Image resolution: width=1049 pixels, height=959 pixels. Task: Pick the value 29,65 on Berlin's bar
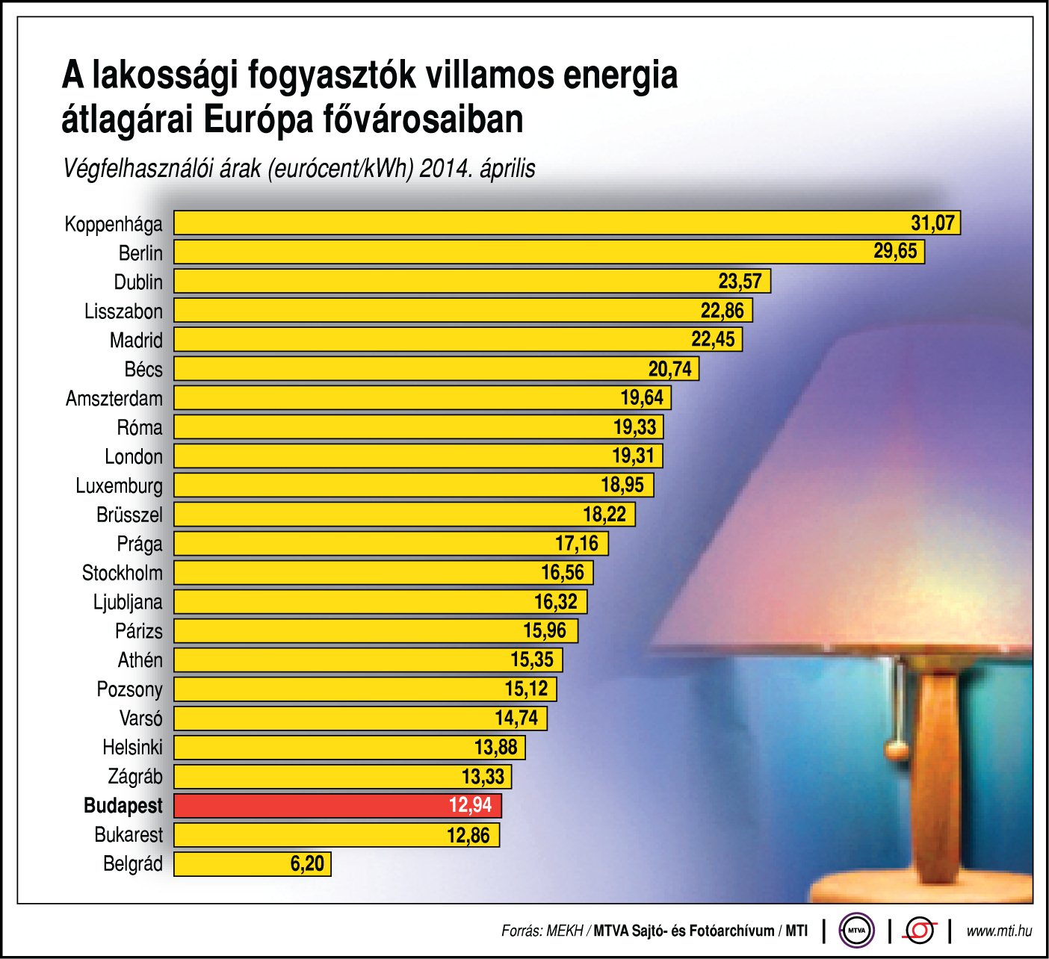point(895,251)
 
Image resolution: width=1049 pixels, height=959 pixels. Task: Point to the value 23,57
point(740,281)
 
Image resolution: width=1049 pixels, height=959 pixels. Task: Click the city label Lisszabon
point(123,311)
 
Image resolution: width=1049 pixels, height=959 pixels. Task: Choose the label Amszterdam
point(114,398)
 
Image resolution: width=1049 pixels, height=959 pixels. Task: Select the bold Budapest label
point(123,806)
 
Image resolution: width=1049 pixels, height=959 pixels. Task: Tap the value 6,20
point(307,864)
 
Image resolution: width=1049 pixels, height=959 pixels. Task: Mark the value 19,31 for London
point(633,456)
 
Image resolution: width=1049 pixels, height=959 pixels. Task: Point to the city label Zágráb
point(135,777)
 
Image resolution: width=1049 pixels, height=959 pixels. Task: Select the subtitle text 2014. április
point(477,169)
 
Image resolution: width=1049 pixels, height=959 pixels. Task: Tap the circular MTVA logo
point(856,931)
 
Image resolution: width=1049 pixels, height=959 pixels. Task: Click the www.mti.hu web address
point(999,931)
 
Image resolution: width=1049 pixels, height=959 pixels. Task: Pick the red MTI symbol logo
point(920,931)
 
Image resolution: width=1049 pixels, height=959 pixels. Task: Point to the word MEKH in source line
point(566,931)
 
